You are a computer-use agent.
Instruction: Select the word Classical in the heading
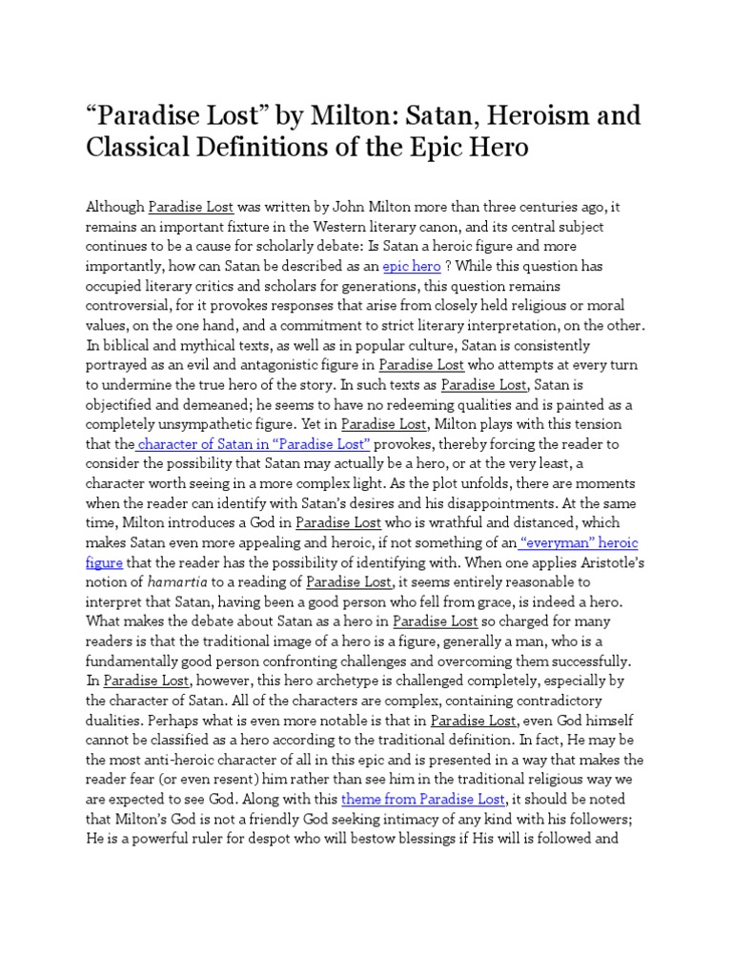pyautogui.click(x=146, y=149)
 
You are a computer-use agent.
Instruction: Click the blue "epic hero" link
pyautogui.click(x=412, y=267)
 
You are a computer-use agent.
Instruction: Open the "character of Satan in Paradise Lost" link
pyautogui.click(x=254, y=444)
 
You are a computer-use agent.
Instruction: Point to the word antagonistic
pyautogui.click(x=263, y=365)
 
